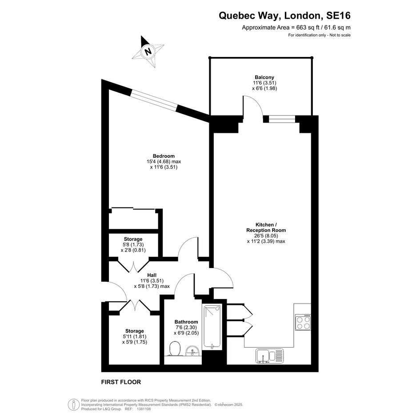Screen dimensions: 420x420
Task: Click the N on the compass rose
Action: [x=148, y=51]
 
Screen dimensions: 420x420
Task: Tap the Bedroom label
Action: [x=164, y=156]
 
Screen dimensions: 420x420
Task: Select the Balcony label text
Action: [x=264, y=77]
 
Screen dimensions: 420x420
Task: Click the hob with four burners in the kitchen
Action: [x=303, y=322]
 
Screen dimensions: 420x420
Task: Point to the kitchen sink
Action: [x=269, y=356]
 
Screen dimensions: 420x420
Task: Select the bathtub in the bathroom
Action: [x=212, y=327]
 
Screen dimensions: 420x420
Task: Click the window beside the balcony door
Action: [x=282, y=119]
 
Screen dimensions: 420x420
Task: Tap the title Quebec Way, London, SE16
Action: [x=284, y=16]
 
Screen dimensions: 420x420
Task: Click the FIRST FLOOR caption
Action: [x=121, y=382]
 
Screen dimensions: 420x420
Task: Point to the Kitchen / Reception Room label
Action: [x=266, y=228]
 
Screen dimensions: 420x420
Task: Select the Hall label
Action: [x=152, y=275]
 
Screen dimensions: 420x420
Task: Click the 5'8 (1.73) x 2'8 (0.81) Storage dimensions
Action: [x=133, y=248]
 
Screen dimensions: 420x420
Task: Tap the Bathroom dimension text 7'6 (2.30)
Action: [x=186, y=327]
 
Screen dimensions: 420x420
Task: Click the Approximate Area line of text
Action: [x=296, y=27]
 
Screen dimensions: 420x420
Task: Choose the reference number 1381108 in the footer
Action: [x=144, y=409]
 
